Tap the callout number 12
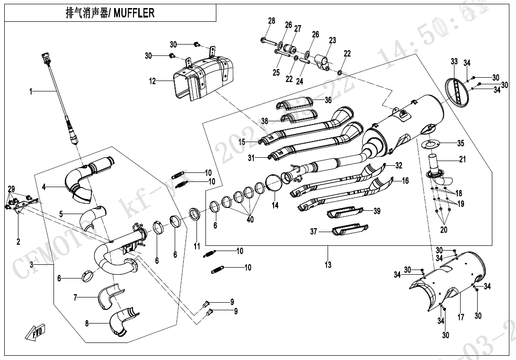(x=152, y=81)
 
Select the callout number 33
(x=454, y=62)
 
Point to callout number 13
(x=328, y=265)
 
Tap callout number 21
(x=462, y=159)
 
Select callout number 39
(x=377, y=211)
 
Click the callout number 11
(x=197, y=246)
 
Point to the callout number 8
(x=87, y=324)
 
